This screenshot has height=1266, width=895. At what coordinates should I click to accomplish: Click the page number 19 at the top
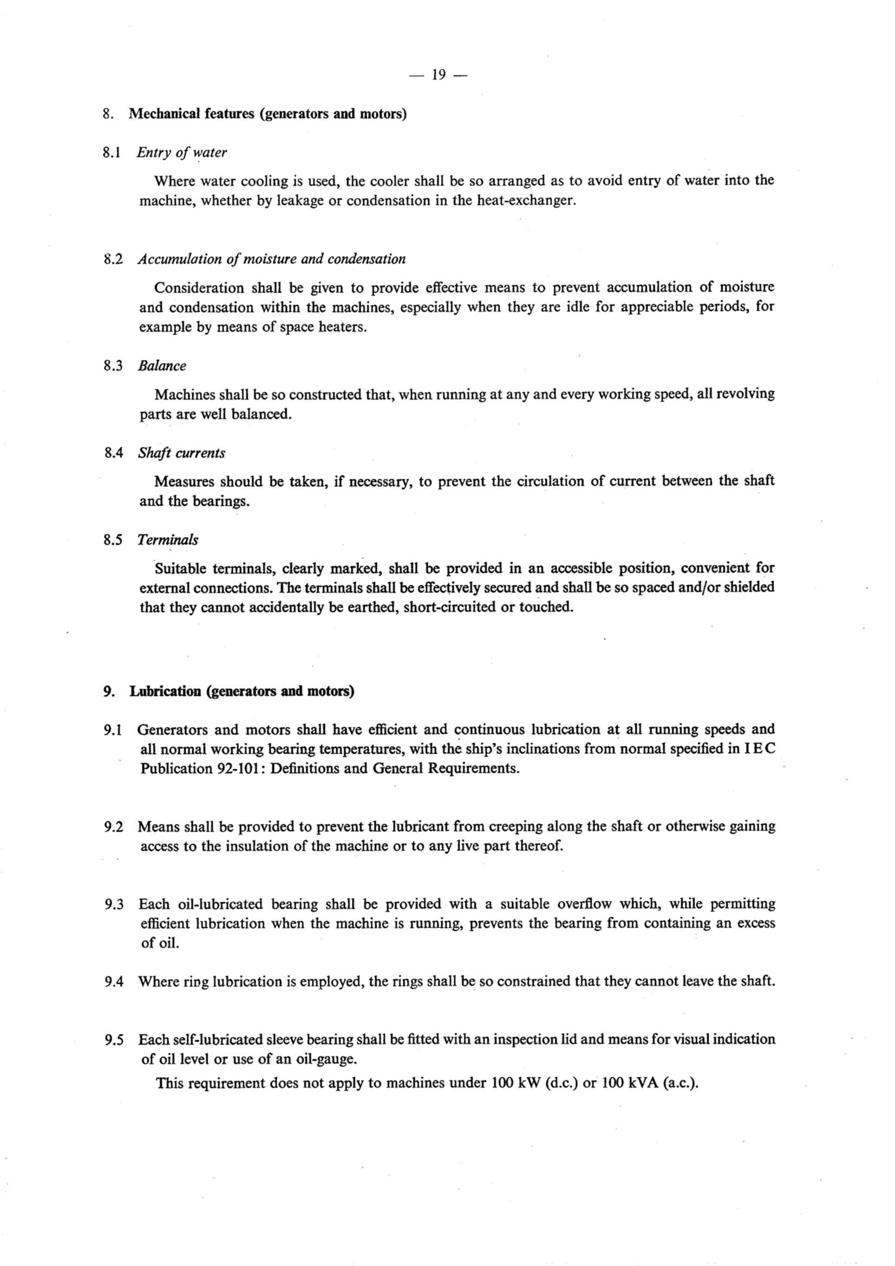pyautogui.click(x=439, y=74)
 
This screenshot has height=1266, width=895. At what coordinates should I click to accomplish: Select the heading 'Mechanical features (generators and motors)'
pyautogui.click(x=267, y=114)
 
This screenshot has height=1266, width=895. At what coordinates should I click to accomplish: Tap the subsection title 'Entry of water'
pyautogui.click(x=181, y=152)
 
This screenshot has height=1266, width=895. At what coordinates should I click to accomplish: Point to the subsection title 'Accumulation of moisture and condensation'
pyautogui.click(x=271, y=259)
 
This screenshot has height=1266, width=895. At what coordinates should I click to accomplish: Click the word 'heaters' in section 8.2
pyautogui.click(x=342, y=327)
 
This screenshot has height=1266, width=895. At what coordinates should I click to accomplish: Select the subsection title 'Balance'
pyautogui.click(x=161, y=366)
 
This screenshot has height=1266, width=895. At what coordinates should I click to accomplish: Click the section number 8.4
pyautogui.click(x=113, y=453)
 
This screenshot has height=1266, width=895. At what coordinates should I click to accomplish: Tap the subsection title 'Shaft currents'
pyautogui.click(x=181, y=453)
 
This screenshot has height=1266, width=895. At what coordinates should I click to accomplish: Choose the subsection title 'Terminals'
pyautogui.click(x=168, y=540)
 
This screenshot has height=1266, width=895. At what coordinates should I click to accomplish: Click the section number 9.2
pyautogui.click(x=113, y=827)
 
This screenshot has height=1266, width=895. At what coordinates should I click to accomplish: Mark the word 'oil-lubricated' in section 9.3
pyautogui.click(x=220, y=904)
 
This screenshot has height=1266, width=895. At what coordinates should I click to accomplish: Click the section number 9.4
pyautogui.click(x=113, y=982)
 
